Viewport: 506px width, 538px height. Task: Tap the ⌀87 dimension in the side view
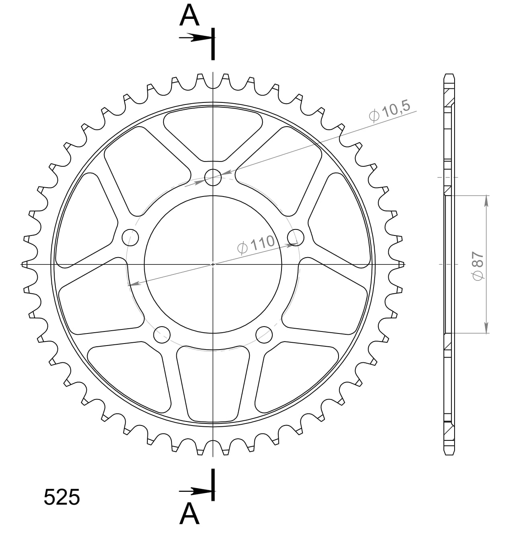pyautogui.click(x=477, y=266)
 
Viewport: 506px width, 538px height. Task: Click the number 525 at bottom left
pyautogui.click(x=62, y=497)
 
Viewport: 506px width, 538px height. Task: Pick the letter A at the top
pyautogui.click(x=189, y=16)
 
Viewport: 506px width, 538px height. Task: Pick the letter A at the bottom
pyautogui.click(x=189, y=514)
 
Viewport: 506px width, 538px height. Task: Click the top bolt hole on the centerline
pyautogui.click(x=213, y=177)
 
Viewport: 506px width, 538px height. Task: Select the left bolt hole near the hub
pyautogui.click(x=130, y=237)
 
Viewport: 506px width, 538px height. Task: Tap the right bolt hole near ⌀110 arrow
pyautogui.click(x=296, y=237)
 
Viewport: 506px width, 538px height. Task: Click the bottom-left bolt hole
pyautogui.click(x=162, y=334)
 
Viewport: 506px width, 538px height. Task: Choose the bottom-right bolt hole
pyautogui.click(x=264, y=334)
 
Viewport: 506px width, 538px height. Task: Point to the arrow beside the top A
pyautogui.click(x=195, y=38)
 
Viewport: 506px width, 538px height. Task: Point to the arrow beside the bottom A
pyautogui.click(x=195, y=491)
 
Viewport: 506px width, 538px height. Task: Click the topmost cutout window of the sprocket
pyautogui.click(x=213, y=133)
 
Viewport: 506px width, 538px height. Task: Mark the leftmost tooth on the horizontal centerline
pyautogui.click(x=25, y=264)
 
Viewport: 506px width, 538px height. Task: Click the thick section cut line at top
pyautogui.click(x=213, y=44)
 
